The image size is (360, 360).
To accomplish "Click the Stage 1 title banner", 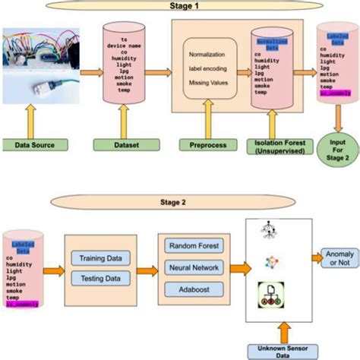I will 180,7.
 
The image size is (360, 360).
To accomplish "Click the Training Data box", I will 101,258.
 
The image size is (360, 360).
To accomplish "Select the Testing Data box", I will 101,279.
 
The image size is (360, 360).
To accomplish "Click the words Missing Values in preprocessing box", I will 210,87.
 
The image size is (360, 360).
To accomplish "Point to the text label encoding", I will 210,71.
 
